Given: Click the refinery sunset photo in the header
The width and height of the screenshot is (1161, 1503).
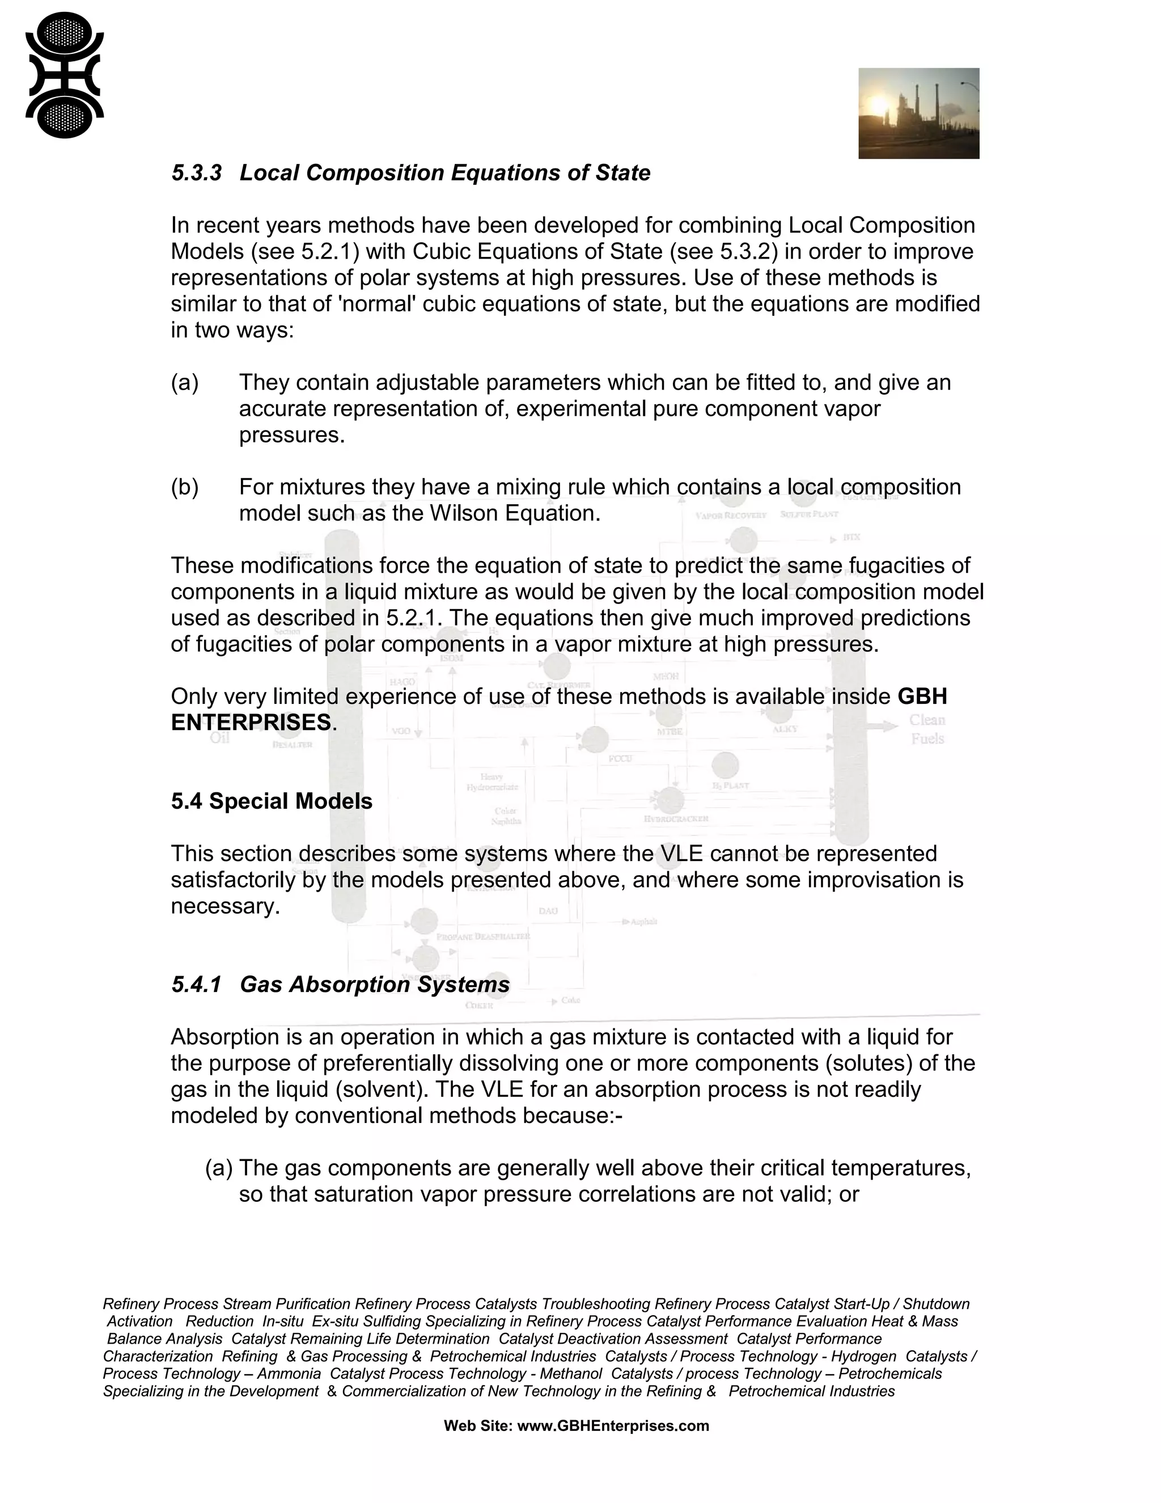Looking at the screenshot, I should (x=918, y=113).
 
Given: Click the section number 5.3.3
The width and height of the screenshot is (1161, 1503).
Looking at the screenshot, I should (x=196, y=173).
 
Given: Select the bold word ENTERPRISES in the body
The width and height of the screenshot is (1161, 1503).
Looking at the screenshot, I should (x=251, y=723).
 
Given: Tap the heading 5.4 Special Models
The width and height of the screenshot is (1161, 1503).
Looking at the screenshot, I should (x=272, y=801).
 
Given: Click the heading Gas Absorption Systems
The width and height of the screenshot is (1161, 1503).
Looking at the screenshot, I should (x=375, y=984).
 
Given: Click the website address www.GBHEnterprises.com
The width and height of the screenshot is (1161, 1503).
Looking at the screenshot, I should (x=613, y=1425).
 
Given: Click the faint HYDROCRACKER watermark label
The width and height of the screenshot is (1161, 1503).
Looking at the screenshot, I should (x=676, y=819).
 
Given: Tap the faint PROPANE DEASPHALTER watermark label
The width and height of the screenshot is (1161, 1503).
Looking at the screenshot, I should (x=483, y=936).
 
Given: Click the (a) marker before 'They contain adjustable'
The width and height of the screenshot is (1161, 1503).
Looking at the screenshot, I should (x=184, y=383).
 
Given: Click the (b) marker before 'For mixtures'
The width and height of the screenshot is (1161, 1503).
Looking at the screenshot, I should (x=184, y=487).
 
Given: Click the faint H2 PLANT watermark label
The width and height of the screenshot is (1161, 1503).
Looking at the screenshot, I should (x=730, y=785).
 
